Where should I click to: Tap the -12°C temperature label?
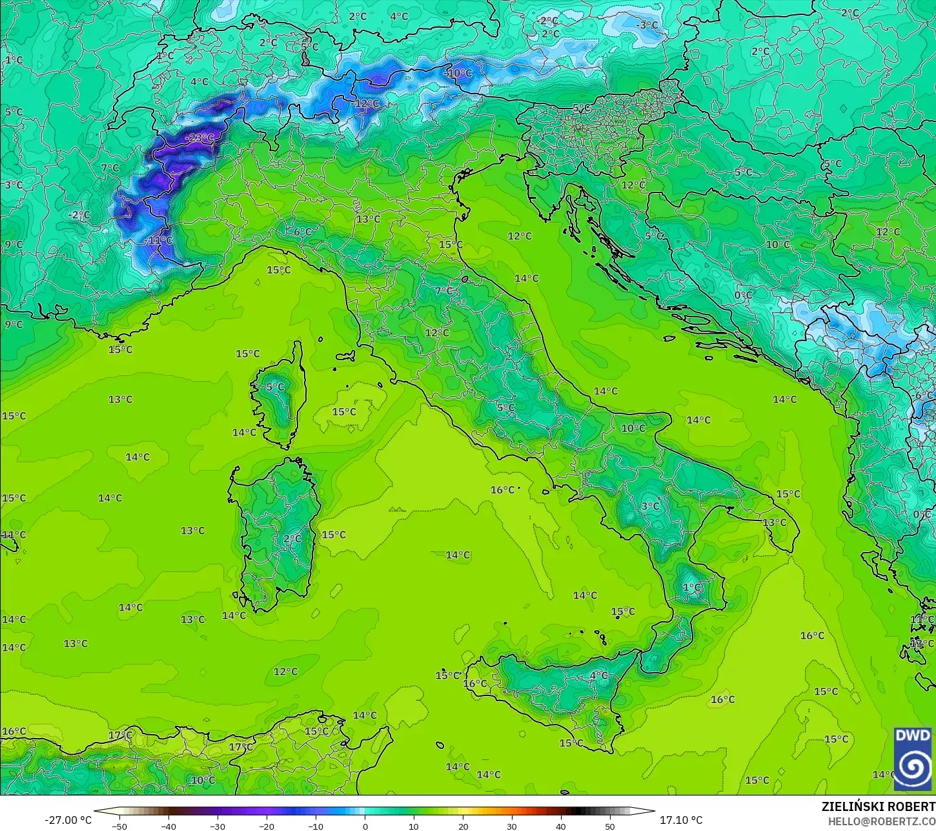click(x=366, y=103)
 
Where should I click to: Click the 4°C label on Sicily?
click(x=598, y=675)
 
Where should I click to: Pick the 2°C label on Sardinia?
click(x=292, y=539)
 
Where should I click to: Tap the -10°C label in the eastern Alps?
click(x=459, y=73)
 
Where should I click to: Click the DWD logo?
click(x=912, y=759)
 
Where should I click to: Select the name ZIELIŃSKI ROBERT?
click(x=878, y=806)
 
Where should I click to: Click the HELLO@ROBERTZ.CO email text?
click(x=882, y=821)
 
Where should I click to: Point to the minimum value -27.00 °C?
click(x=68, y=820)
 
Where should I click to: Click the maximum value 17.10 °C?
click(x=680, y=820)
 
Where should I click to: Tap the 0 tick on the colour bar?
click(x=365, y=826)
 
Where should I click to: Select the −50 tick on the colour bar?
click(x=119, y=826)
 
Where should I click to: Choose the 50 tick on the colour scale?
click(x=610, y=826)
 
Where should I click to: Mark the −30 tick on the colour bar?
click(x=218, y=826)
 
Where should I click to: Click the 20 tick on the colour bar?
click(x=463, y=826)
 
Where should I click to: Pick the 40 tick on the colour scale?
click(x=561, y=826)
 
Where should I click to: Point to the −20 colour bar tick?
click(x=267, y=826)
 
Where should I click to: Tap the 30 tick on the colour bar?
click(x=512, y=826)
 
